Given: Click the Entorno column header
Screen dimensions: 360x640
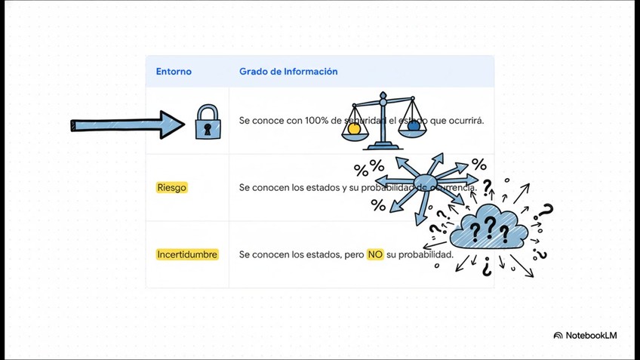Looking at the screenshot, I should point(174,72).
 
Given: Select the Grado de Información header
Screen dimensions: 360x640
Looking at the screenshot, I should point(288,72).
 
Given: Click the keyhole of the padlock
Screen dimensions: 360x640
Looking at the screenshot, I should point(208,128).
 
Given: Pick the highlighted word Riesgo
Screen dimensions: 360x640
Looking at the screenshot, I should point(172,187).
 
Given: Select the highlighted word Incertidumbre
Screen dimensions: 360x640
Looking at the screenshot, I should point(187,254).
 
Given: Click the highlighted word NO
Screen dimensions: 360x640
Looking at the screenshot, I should point(375,254).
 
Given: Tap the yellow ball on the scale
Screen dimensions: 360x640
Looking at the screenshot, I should point(354,129).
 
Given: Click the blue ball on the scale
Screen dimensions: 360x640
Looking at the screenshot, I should point(414,126).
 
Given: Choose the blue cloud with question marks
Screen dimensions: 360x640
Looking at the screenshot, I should point(488,227).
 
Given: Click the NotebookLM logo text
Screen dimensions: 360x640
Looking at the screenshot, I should point(591,335).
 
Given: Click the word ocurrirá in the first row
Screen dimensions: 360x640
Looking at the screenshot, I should point(466,121).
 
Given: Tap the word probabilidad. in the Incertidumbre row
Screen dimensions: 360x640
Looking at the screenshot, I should point(426,254).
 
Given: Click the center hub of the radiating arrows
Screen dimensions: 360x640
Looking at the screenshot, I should point(426,182).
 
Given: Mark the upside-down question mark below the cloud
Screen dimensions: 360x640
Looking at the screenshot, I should point(487,266).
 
